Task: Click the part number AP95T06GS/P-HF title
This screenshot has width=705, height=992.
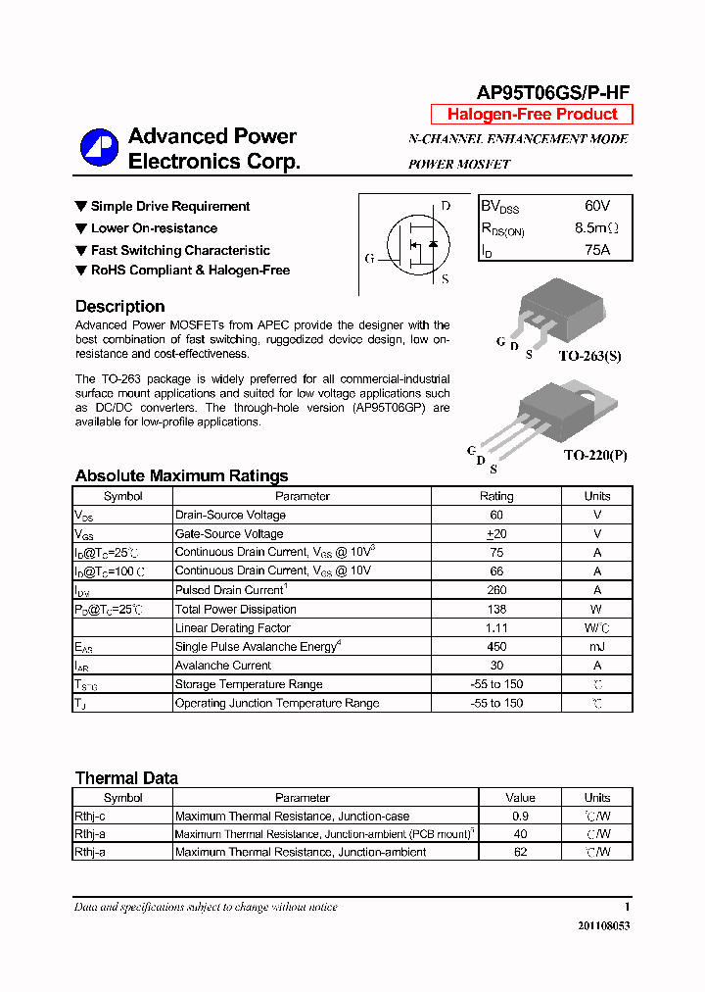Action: [552, 93]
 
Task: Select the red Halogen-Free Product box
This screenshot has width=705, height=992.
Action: [532, 115]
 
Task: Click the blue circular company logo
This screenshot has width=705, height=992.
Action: [99, 148]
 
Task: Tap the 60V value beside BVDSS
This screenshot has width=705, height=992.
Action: [596, 206]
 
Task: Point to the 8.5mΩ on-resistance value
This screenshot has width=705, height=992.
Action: [596, 228]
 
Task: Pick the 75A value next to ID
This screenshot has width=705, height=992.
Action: [596, 250]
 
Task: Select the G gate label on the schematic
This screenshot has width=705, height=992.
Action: [369, 259]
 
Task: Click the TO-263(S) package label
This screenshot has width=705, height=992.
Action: [589, 356]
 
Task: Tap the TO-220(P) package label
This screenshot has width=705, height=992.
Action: [594, 456]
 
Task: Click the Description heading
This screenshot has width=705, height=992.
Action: [119, 307]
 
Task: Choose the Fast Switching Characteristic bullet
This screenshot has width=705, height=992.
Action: [180, 250]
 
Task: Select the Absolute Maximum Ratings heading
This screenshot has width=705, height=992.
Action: [181, 476]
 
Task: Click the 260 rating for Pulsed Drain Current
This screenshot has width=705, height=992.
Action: [496, 590]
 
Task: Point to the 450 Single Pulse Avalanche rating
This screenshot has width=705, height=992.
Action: [496, 647]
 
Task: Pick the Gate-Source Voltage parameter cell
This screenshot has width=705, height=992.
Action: [229, 533]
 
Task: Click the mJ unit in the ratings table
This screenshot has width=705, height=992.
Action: [596, 647]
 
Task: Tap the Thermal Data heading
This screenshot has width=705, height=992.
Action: [126, 778]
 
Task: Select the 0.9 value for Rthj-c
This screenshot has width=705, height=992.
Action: [520, 816]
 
